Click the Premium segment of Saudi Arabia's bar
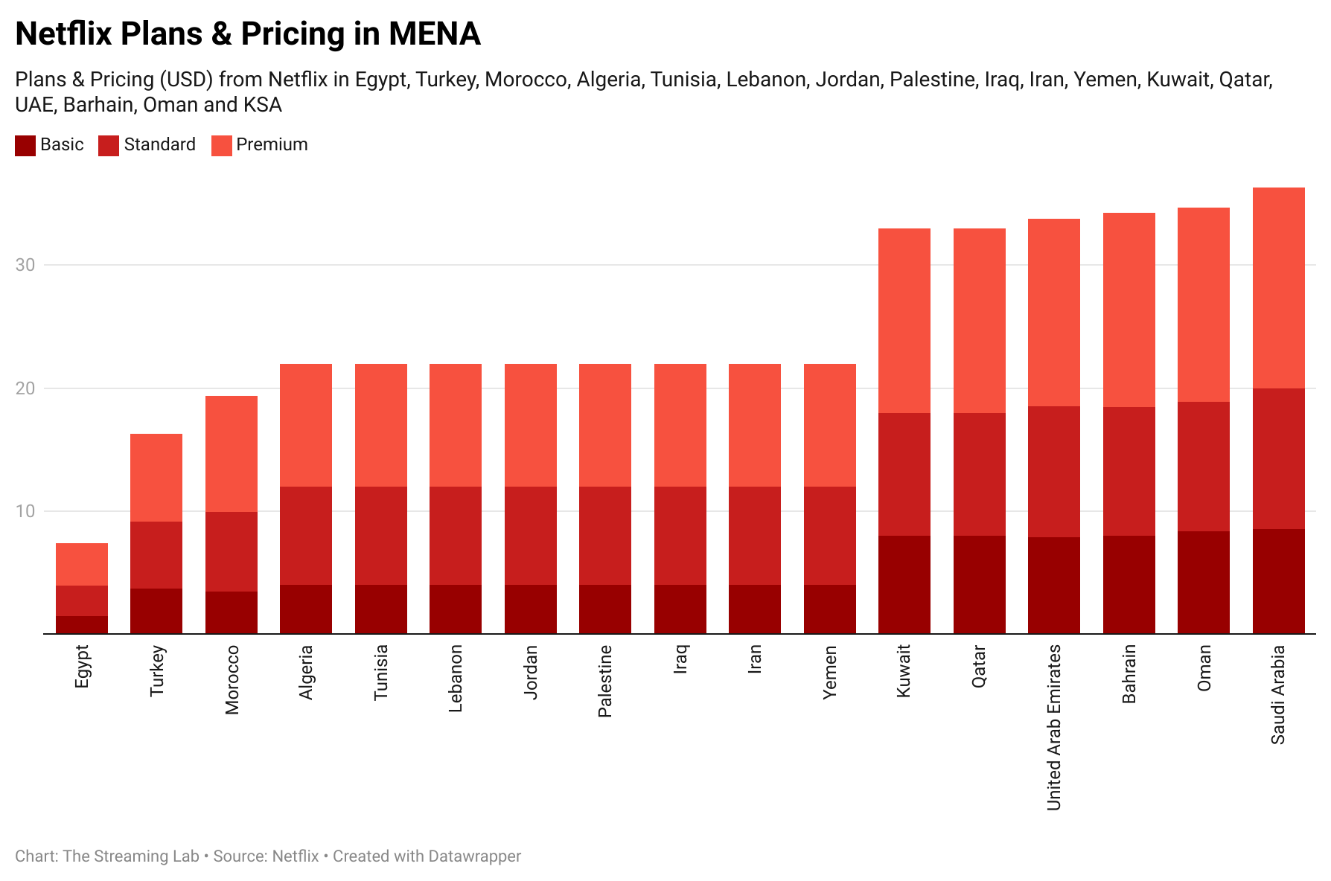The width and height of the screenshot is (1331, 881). tap(1278, 287)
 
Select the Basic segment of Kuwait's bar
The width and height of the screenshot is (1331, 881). tap(904, 585)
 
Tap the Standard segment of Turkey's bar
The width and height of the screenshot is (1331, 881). tap(156, 555)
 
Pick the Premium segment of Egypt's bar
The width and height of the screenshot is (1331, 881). tap(82, 564)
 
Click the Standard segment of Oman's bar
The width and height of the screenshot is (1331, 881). tap(1203, 467)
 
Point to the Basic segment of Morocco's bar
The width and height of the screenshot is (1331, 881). tap(232, 612)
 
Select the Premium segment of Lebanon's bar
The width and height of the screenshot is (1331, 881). tap(456, 425)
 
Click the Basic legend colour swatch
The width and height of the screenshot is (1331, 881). tap(25, 145)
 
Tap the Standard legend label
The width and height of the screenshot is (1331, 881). tap(159, 144)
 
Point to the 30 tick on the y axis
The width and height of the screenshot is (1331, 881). tap(25, 265)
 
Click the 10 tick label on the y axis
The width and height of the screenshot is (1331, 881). tap(25, 511)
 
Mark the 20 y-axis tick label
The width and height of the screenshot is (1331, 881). tap(25, 388)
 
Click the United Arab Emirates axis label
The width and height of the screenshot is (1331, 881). tap(1053, 728)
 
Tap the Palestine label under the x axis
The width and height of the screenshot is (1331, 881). tap(605, 681)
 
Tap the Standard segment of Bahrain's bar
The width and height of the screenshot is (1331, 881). tap(1129, 471)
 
